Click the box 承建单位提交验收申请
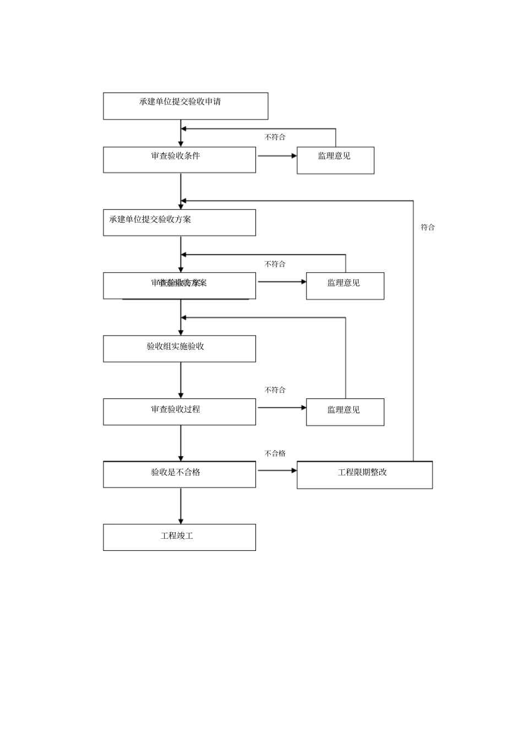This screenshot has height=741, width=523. [186, 106]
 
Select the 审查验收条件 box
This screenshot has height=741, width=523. [179, 160]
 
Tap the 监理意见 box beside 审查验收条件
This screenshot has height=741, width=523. [335, 160]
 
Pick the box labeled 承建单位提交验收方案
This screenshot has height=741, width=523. [179, 223]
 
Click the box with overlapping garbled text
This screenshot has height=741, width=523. [179, 286]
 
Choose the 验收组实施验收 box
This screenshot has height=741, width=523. [179, 349]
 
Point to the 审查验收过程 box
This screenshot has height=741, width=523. [179, 412]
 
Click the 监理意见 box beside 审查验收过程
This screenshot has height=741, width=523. [345, 412]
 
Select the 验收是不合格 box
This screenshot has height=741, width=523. [179, 474]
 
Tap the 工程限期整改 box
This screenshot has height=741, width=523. [364, 475]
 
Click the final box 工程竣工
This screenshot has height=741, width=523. [179, 537]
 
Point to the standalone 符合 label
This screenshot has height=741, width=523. [428, 227]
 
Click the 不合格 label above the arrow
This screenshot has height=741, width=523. [275, 453]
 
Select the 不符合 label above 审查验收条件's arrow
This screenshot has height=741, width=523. [275, 137]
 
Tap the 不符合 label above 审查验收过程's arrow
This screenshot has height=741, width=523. [275, 390]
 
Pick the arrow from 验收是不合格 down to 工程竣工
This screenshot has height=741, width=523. [181, 506]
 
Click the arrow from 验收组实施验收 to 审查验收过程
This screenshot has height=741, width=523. [181, 380]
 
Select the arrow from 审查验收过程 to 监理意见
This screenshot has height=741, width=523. [281, 408]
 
